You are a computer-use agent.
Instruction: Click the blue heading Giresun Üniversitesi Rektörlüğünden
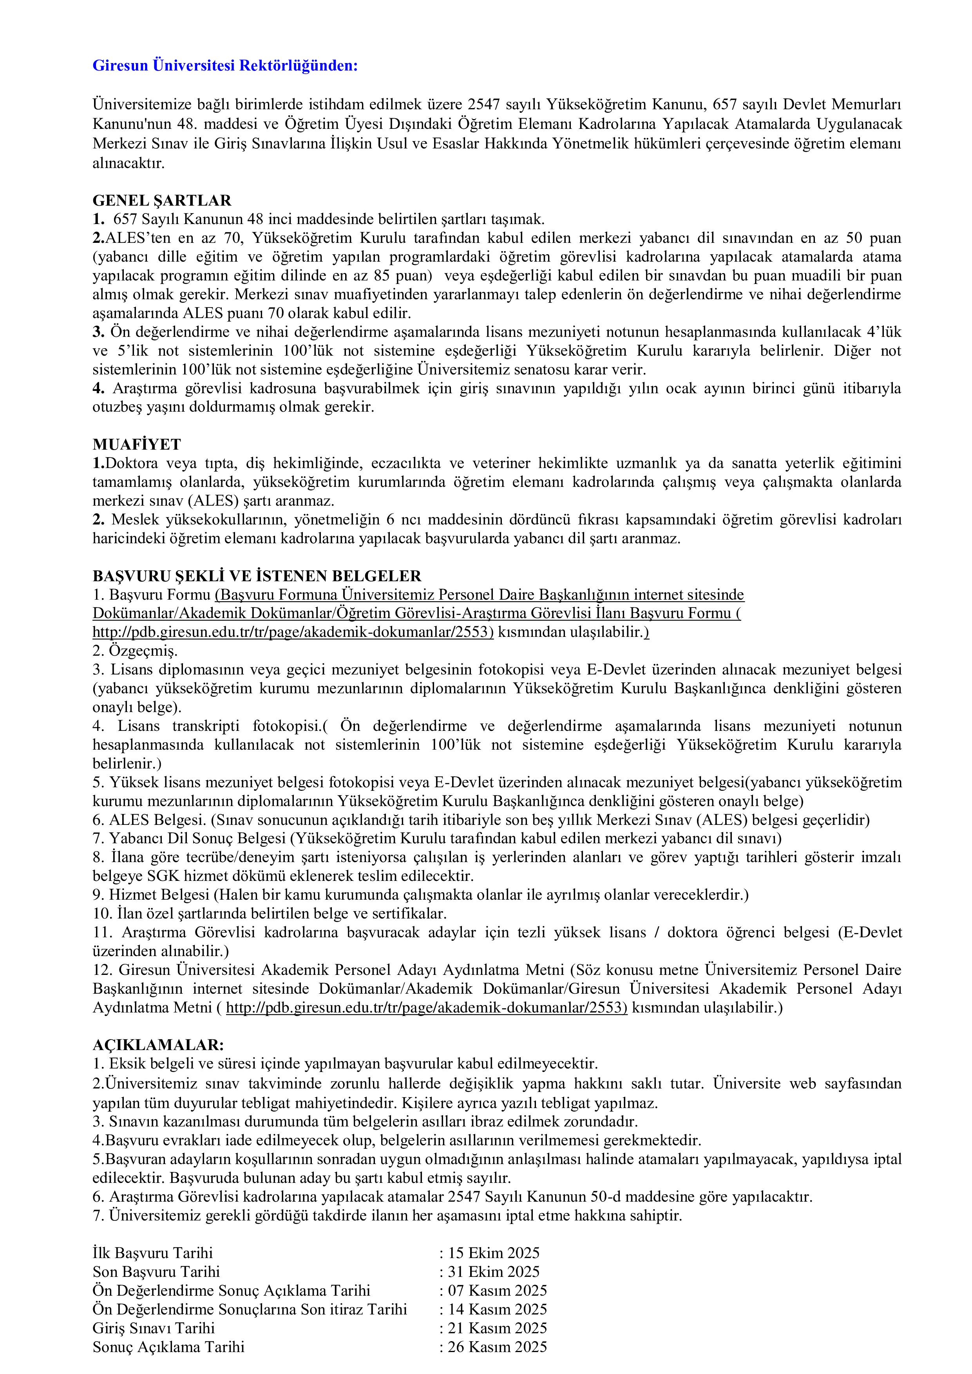pyautogui.click(x=225, y=66)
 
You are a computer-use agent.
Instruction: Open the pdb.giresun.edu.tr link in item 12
pyautogui.click(x=426, y=1008)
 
